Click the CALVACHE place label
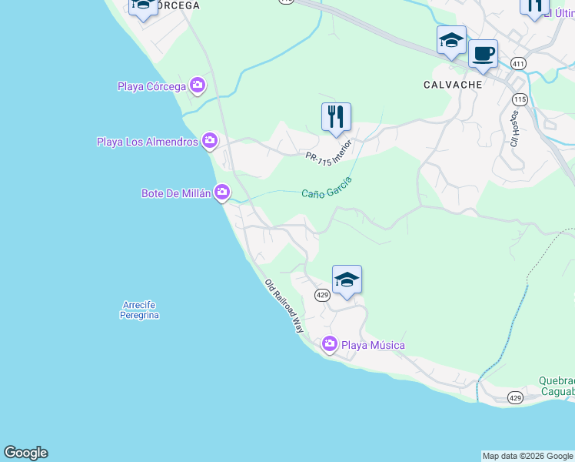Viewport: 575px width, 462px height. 454,85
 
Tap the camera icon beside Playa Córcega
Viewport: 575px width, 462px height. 198,85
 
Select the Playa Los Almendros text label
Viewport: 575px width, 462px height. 148,142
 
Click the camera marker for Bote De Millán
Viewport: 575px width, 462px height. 222,192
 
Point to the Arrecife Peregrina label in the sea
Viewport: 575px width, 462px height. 140,310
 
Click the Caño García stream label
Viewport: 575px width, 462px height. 327,187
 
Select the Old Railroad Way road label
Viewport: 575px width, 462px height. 284,305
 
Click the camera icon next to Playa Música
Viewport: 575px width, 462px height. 330,344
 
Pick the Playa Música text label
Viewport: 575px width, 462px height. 373,345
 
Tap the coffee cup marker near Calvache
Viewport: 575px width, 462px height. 483,54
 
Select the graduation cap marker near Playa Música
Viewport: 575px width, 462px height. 347,280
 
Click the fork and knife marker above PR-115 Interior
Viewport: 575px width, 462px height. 336,117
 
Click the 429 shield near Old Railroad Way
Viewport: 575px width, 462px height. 323,294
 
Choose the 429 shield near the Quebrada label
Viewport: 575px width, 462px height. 515,397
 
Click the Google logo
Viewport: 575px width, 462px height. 26,453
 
